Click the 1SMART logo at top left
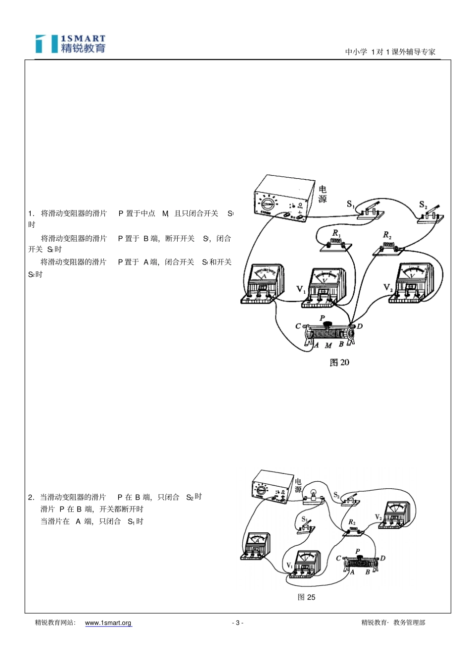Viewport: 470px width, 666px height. click(70, 44)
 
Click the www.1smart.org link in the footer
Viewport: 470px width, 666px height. click(108, 623)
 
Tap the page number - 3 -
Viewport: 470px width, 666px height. click(237, 623)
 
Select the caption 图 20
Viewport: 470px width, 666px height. click(339, 362)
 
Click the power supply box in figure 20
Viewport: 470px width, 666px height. click(284, 198)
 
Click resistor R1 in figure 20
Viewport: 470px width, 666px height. click(336, 245)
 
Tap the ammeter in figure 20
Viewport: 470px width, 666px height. click(262, 284)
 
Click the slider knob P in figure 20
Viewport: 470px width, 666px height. click(328, 324)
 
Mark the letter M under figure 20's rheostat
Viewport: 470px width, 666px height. click(328, 346)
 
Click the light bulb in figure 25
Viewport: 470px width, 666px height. click(313, 494)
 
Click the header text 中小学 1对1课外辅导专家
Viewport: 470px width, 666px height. click(390, 52)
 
